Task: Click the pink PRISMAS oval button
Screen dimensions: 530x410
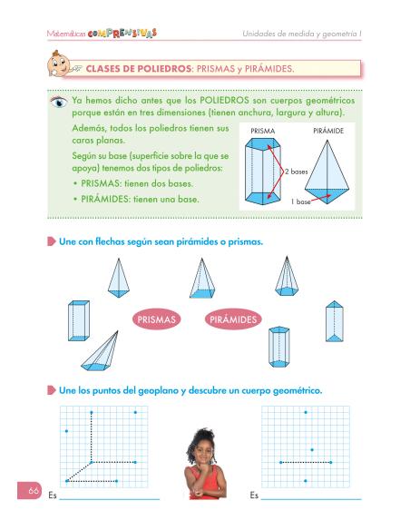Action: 157,319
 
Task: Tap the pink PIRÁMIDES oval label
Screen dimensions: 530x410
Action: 234,319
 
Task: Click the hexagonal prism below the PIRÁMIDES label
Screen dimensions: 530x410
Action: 278,346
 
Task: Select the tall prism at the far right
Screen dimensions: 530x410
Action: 337,320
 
